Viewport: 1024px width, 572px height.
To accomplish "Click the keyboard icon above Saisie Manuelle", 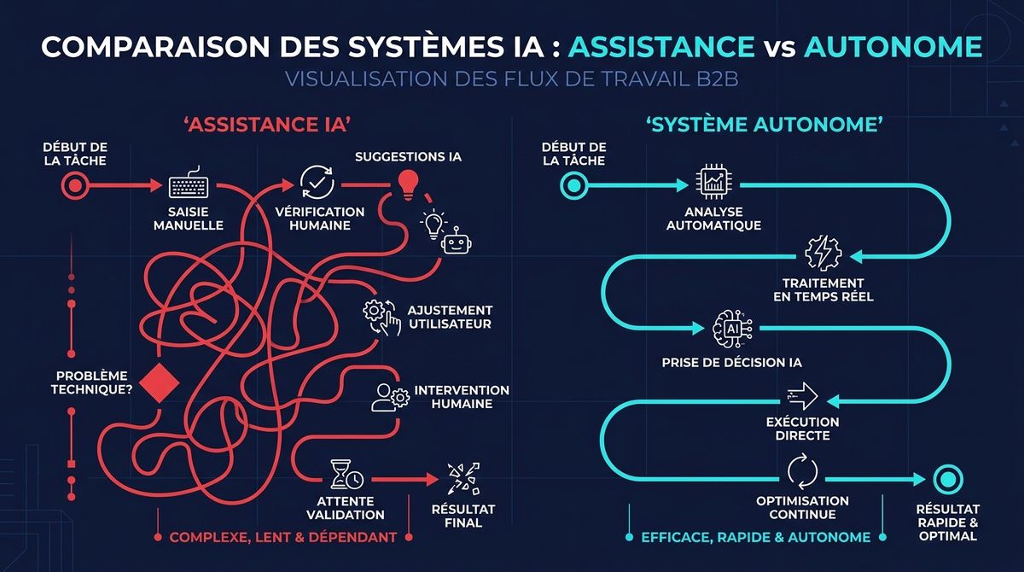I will click(189, 187).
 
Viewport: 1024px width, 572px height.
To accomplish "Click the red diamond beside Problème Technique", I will click(155, 382).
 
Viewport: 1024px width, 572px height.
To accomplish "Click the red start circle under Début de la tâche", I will click(73, 185).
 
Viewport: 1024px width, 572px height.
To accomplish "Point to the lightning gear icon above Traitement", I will click(823, 253).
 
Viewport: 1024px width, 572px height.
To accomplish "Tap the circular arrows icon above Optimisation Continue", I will click(801, 470).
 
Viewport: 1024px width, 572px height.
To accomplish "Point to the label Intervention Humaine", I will click(462, 397).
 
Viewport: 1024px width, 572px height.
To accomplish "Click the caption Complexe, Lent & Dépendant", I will click(282, 538).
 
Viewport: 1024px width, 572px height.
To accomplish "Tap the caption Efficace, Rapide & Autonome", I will click(755, 538).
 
